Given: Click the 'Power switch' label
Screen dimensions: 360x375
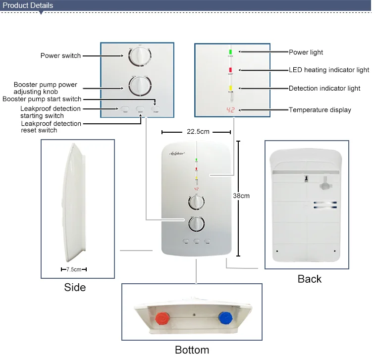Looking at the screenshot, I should tap(60, 56).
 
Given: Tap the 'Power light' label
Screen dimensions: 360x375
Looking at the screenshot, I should tap(306, 52).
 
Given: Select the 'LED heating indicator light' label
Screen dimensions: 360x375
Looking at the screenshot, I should tap(329, 70).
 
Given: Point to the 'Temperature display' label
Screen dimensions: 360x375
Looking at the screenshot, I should tap(320, 109).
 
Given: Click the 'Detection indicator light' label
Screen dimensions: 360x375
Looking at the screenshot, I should tap(324, 88).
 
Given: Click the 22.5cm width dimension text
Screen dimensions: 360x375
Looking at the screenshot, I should tap(197, 132).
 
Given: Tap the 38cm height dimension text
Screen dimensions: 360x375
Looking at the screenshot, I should tap(241, 196).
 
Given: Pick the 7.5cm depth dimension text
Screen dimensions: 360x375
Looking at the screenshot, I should tap(73, 269).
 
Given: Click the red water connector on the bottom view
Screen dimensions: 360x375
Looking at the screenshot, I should tap(161, 317).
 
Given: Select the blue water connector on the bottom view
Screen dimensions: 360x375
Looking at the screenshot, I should tap(225, 317).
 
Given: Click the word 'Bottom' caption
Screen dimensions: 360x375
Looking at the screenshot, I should tap(192, 350).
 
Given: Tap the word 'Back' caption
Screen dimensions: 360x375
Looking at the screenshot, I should tap(309, 279).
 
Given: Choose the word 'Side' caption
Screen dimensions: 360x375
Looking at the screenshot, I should tap(75, 287).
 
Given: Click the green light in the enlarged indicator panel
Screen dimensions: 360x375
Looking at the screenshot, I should tap(231, 51).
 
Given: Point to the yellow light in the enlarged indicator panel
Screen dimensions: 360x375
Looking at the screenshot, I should tap(231, 88).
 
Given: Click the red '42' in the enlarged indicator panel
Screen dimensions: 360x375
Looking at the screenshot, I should tap(230, 110).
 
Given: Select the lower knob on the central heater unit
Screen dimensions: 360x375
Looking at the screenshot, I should tap(196, 224).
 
